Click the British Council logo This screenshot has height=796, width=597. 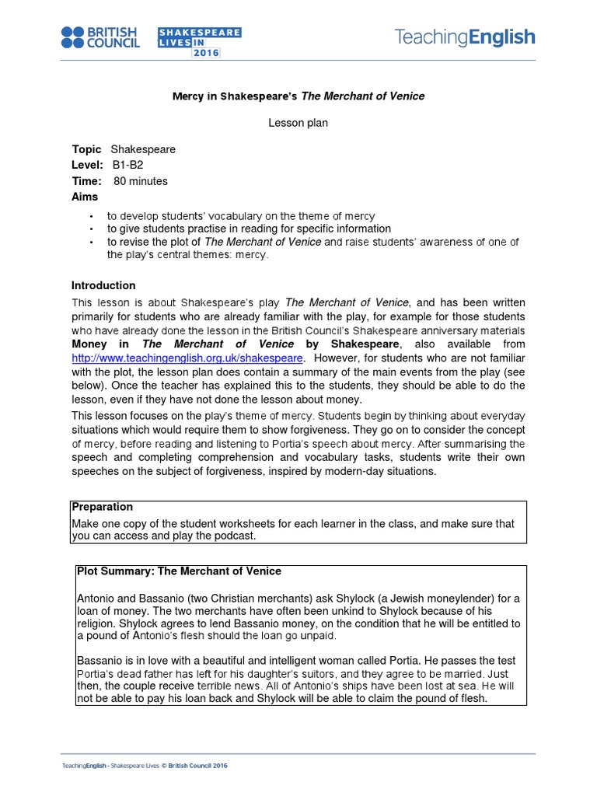pos(100,37)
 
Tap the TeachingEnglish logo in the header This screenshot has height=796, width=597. pos(465,37)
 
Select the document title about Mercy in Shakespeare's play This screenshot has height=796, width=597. pos(298,96)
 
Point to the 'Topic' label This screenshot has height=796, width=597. pos(86,149)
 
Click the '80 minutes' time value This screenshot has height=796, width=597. pos(141,181)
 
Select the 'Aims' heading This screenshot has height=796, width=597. pos(85,197)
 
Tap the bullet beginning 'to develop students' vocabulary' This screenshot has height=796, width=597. pos(241,216)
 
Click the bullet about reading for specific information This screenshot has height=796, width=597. pos(249,229)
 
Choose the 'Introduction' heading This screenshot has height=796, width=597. pos(103,285)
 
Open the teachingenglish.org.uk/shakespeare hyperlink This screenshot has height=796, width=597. pos(187,358)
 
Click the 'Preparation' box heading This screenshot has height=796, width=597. pos(102,507)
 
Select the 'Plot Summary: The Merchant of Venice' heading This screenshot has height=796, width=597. pos(179,571)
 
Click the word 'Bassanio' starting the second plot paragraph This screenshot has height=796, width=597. pos(99,661)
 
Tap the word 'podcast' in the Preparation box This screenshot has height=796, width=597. pos(235,536)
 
